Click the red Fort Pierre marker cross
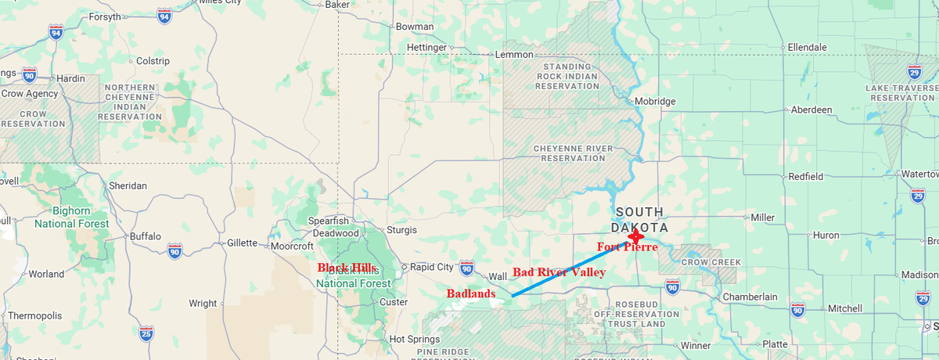635,236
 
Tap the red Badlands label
471,293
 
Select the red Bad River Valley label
559,272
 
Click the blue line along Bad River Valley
571,266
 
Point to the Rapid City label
431,267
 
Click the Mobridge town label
654,102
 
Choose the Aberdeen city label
811,110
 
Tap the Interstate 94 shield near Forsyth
164,16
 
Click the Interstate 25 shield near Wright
146,333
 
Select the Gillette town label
242,243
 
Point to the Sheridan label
128,186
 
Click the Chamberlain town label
750,297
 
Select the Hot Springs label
419,340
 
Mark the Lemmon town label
514,55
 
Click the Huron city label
848,235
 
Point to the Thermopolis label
34,315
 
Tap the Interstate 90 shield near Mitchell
797,310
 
